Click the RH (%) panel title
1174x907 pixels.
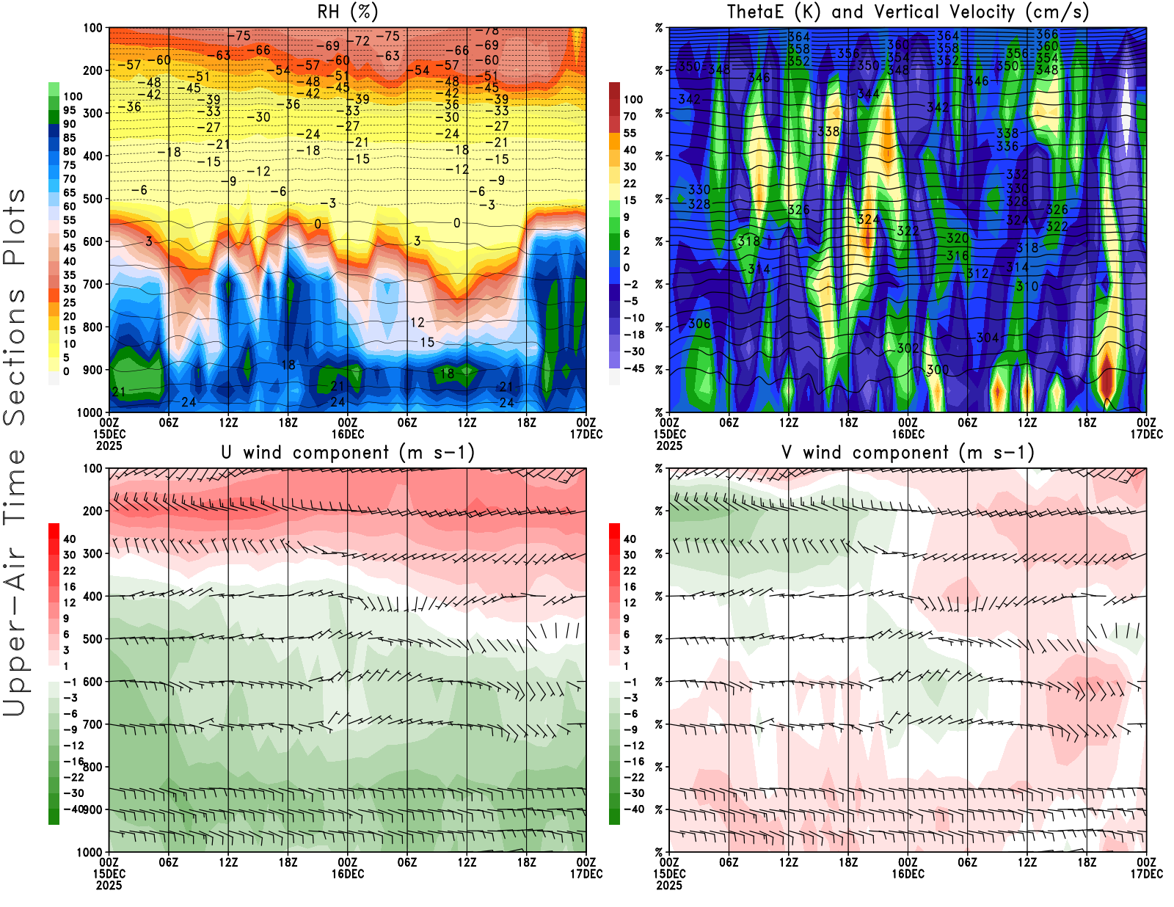pos(347,12)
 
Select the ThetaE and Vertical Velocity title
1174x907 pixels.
pos(908,12)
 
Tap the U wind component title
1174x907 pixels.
pos(347,453)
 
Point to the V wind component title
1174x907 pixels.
pos(908,453)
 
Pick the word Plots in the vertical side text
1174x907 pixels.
pos(15,227)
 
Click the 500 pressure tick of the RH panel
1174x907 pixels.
pos(93,199)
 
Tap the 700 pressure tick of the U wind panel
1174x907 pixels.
pos(93,725)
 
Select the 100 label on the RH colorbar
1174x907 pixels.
pos(73,97)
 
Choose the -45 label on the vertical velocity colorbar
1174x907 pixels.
pos(634,368)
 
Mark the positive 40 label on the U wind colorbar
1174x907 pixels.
pos(70,539)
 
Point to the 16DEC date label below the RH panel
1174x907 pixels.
pos(347,434)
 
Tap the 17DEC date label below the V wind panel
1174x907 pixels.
pos(1146,874)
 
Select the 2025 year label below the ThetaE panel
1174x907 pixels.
pos(669,445)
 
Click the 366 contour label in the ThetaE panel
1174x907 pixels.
pos(1047,34)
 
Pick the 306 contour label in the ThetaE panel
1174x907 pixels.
pos(699,324)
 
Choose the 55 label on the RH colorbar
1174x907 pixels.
pos(70,220)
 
